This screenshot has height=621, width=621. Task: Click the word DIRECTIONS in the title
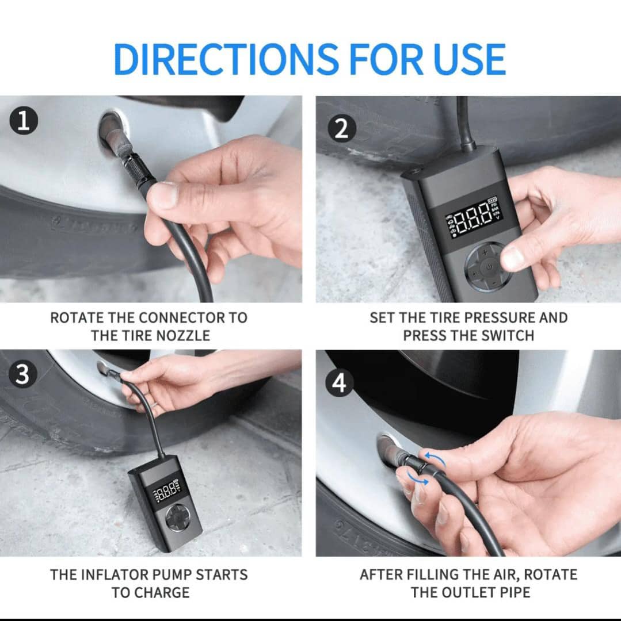point(226,59)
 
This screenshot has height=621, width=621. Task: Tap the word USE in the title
point(470,59)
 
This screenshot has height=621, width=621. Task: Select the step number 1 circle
point(24,120)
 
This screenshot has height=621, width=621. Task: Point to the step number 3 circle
point(22,374)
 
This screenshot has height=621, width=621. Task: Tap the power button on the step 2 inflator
point(489,267)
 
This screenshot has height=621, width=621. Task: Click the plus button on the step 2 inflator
point(485,252)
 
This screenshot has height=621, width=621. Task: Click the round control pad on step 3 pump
point(178,517)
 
